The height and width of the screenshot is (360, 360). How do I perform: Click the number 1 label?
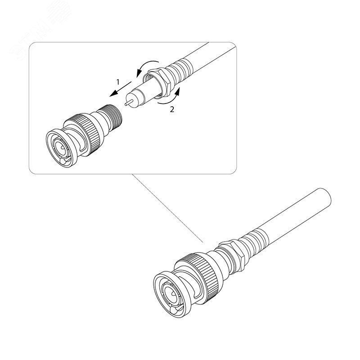pyautogui.click(x=118, y=82)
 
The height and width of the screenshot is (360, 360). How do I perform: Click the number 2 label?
pyautogui.click(x=172, y=109)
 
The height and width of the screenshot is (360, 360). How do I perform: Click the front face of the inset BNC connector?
pyautogui.click(x=60, y=148)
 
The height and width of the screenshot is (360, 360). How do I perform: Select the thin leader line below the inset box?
pyautogui.click(x=167, y=208)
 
